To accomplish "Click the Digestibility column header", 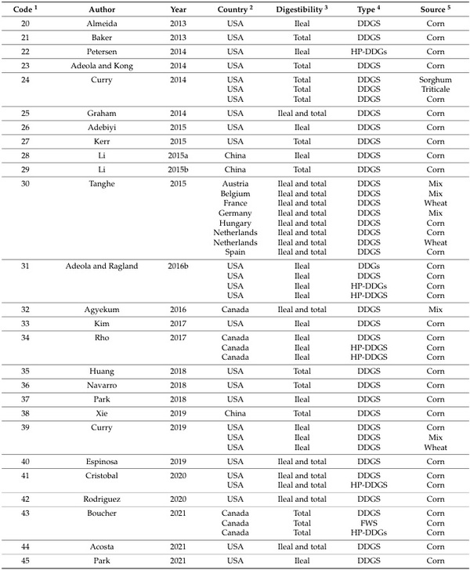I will [302, 8].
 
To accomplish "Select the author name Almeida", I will [107, 24].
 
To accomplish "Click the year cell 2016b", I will [178, 266].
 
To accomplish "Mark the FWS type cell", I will [368, 521].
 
